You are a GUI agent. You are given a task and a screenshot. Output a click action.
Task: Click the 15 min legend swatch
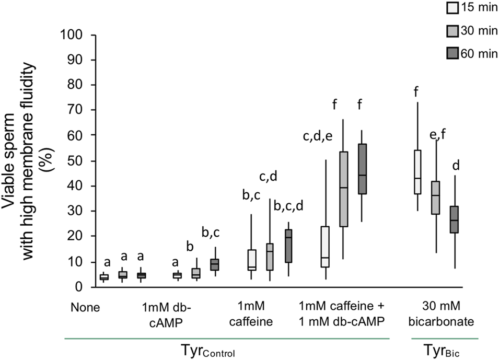452,8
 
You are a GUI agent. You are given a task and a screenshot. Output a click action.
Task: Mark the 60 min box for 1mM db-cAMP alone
214,264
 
